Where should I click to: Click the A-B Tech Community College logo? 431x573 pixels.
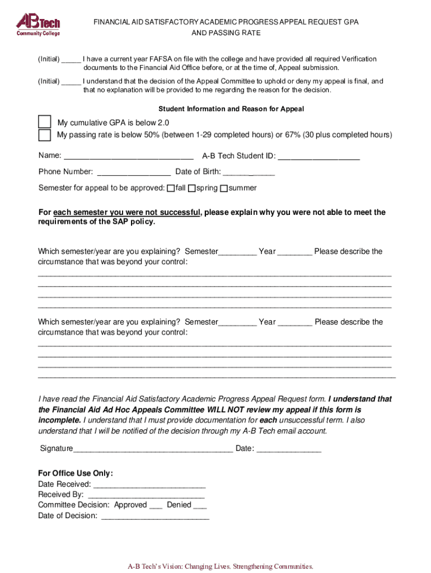38,25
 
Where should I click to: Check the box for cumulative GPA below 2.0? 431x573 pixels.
44,122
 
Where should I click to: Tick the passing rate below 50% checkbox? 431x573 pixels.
44,135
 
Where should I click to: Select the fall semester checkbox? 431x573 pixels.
171,189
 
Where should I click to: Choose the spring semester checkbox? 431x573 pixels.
191,189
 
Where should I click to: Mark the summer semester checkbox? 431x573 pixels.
224,189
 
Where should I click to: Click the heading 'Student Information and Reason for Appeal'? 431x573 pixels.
231,109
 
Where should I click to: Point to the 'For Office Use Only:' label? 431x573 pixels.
75,473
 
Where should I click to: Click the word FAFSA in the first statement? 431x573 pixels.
161,59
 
